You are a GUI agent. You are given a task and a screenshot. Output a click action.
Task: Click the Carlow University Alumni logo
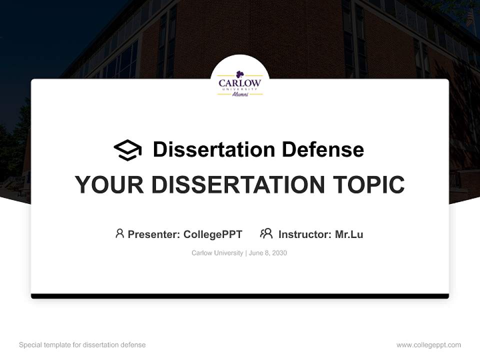coord(240,83)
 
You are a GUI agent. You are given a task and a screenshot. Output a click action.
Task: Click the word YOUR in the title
coord(109,185)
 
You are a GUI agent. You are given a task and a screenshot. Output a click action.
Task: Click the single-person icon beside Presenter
coord(119,233)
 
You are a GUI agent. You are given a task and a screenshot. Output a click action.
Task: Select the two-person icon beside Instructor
coord(266,233)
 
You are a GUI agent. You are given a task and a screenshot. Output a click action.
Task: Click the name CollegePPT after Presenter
coord(212,234)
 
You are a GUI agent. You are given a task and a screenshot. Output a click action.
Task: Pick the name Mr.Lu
coord(349,234)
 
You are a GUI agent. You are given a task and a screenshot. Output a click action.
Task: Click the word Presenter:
coord(154,234)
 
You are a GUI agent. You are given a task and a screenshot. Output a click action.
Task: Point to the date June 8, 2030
coord(268,253)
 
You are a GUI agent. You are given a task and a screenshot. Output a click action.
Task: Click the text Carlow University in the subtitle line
coord(217,253)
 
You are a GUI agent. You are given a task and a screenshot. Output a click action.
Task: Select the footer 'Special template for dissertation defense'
coord(82,345)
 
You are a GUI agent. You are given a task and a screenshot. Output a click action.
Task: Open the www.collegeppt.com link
coord(428,345)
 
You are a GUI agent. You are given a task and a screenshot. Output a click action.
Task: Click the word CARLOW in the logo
coord(240,83)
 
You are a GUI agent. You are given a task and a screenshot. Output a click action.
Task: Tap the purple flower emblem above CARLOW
coord(240,74)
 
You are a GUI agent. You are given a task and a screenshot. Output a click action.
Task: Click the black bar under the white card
coord(240,296)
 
